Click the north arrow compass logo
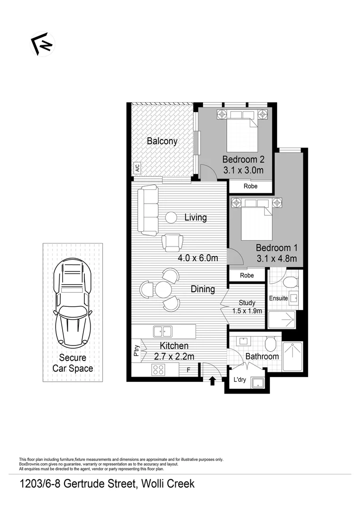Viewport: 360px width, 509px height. tap(43, 44)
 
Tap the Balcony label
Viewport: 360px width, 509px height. tap(162, 141)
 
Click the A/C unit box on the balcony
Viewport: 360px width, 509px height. tap(137, 168)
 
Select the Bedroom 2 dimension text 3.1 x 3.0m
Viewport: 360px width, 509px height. tap(243, 171)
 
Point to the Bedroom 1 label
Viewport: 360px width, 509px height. tap(277, 247)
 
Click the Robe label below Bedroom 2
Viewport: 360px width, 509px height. tap(251, 186)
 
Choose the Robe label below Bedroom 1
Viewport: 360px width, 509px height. tap(246, 275)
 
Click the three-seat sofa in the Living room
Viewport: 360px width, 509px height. tap(149, 210)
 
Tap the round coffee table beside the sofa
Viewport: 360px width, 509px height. tap(171, 217)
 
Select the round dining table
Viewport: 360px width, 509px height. tap(163, 289)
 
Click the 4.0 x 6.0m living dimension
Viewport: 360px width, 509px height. tap(198, 258)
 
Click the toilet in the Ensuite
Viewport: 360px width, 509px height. tap(290, 282)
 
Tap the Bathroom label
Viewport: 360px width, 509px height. tap(262, 356)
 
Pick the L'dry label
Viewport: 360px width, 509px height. tap(241, 379)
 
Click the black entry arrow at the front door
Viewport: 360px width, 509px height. tap(212, 380)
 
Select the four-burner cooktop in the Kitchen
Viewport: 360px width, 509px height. tap(158, 370)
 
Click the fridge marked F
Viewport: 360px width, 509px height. tap(188, 370)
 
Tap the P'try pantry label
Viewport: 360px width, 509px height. tap(137, 352)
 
